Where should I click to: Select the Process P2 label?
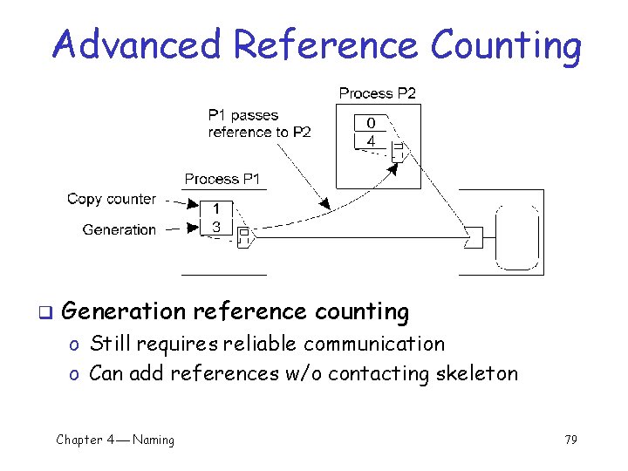(x=377, y=92)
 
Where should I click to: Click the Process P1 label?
(x=222, y=179)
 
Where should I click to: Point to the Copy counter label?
(x=112, y=199)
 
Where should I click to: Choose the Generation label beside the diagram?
(x=119, y=229)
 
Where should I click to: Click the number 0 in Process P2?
(x=371, y=123)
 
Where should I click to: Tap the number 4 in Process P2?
(x=371, y=140)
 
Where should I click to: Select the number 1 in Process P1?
(x=217, y=209)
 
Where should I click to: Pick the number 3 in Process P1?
(x=217, y=227)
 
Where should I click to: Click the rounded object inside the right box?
(x=515, y=237)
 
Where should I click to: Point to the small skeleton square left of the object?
(x=474, y=236)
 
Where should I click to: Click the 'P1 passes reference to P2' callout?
(x=259, y=124)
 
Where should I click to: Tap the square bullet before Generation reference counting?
(x=44, y=312)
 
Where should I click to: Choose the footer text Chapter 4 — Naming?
(x=115, y=440)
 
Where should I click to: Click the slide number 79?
(x=570, y=440)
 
